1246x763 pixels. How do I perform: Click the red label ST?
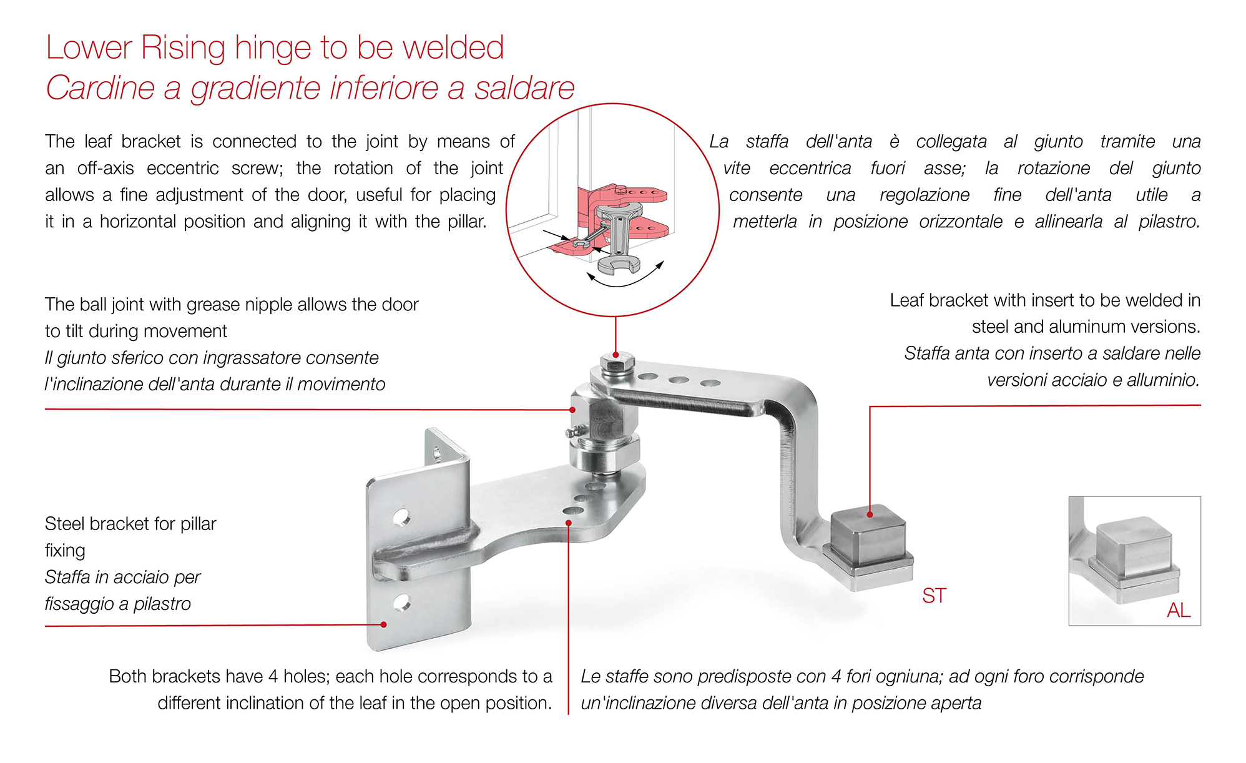click(x=934, y=596)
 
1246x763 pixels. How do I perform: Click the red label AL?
click(x=1179, y=610)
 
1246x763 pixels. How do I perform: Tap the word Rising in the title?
click(x=183, y=48)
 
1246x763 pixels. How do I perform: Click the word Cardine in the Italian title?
click(x=100, y=88)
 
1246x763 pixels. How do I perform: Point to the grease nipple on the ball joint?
click(x=573, y=431)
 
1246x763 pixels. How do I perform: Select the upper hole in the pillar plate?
click(x=401, y=517)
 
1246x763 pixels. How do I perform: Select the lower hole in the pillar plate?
click(x=401, y=603)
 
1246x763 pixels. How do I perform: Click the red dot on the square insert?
click(x=870, y=514)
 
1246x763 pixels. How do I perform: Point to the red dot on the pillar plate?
click(x=384, y=624)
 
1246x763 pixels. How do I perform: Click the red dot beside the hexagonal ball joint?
click(x=572, y=410)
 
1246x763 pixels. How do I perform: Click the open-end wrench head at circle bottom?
click(x=618, y=266)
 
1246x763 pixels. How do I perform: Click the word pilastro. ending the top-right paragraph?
click(x=1169, y=222)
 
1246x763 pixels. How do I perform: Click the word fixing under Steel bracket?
click(x=65, y=551)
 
